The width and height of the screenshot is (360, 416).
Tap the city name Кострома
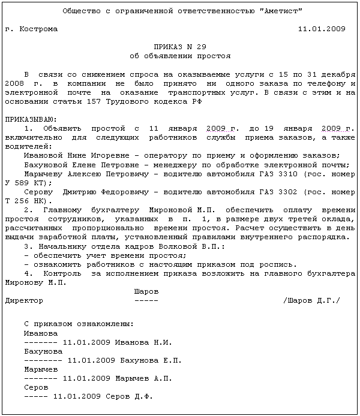pos(38,29)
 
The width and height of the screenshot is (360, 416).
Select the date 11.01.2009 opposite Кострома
pos(322,29)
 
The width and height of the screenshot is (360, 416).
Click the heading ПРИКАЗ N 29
pos(179,47)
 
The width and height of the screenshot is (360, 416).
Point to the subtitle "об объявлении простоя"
pos(179,56)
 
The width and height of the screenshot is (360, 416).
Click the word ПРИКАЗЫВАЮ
pos(30,119)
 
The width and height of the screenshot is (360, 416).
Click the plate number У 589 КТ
pos(22,183)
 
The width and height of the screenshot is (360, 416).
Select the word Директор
pos(23,300)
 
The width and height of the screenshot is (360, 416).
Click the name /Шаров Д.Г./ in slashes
pos(311,300)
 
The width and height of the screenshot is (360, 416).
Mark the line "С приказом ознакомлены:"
pos(79,324)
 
